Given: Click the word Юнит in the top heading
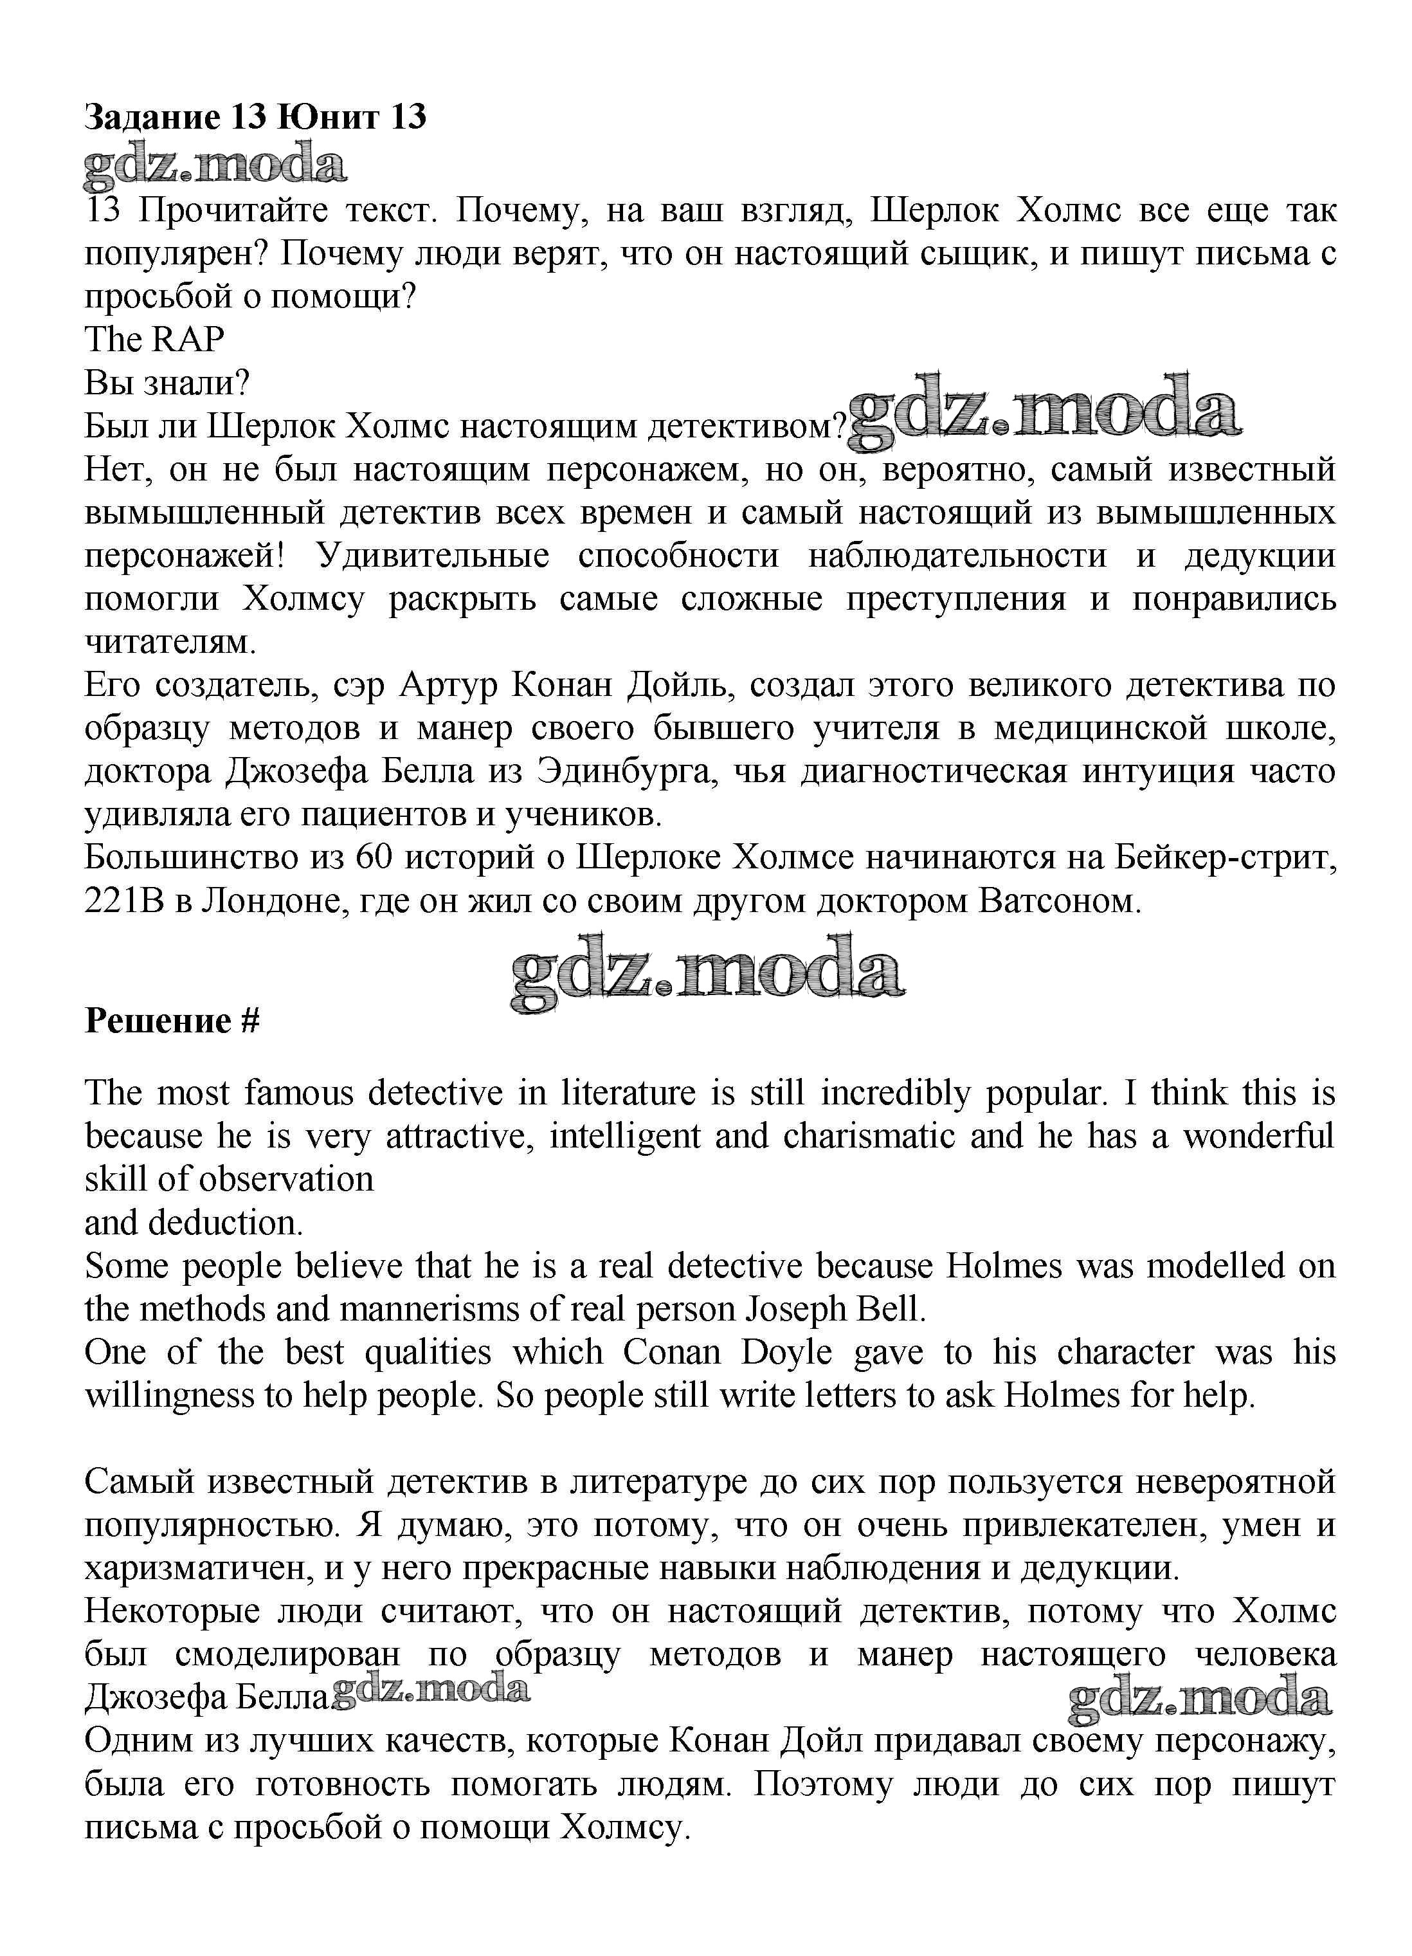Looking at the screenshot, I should point(327,116).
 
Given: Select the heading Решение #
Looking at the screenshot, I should point(172,1020).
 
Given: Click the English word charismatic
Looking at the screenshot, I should point(869,1136).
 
